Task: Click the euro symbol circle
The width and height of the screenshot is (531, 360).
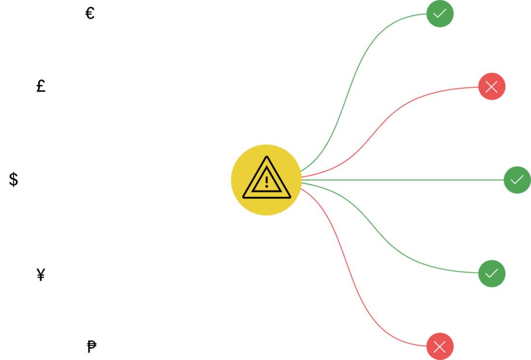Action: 91,14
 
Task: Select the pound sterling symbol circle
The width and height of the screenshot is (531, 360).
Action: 41,86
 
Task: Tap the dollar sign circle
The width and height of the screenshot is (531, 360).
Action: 14,180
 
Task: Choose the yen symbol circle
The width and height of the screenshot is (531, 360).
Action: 41,274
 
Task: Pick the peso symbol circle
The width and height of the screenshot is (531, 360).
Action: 91,346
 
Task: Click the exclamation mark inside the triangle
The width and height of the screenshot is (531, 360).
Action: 266,182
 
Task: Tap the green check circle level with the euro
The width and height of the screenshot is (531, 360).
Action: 440,14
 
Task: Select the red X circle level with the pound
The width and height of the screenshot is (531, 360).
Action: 491,87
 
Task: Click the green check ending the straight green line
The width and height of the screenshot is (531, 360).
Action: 517,180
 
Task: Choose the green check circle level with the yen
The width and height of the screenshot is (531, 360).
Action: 491,274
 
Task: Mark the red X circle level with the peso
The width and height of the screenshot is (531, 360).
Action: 440,346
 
